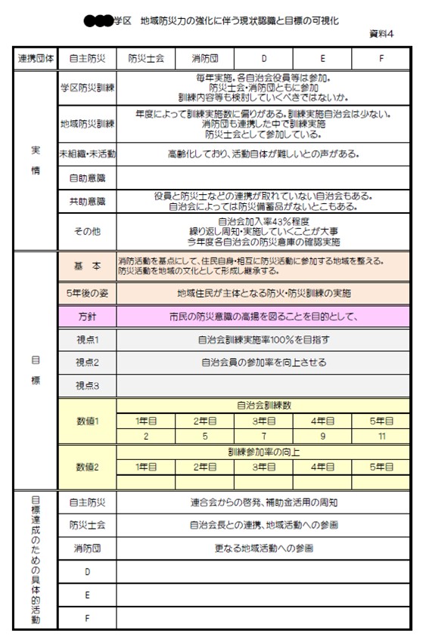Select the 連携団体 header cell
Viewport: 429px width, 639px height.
(x=34, y=57)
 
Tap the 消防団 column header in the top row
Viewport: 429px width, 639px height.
(x=204, y=57)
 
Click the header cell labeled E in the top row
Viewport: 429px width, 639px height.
(x=323, y=57)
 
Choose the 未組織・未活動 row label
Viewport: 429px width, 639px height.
(x=87, y=153)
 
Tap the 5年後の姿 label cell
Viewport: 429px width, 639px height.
(x=87, y=292)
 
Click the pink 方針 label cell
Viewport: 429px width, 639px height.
(x=87, y=316)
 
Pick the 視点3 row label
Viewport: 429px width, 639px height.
(x=87, y=385)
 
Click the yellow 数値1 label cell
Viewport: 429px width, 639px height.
(x=87, y=421)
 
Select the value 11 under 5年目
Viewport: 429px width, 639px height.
(x=381, y=437)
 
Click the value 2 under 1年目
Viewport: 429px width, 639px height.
(x=146, y=437)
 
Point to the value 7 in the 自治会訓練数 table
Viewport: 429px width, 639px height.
(x=263, y=437)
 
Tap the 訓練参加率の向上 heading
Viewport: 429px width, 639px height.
(x=263, y=452)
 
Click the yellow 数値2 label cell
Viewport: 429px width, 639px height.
(x=87, y=467)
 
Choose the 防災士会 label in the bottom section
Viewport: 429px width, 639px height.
(x=87, y=524)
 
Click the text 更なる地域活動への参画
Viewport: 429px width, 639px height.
(x=263, y=548)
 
